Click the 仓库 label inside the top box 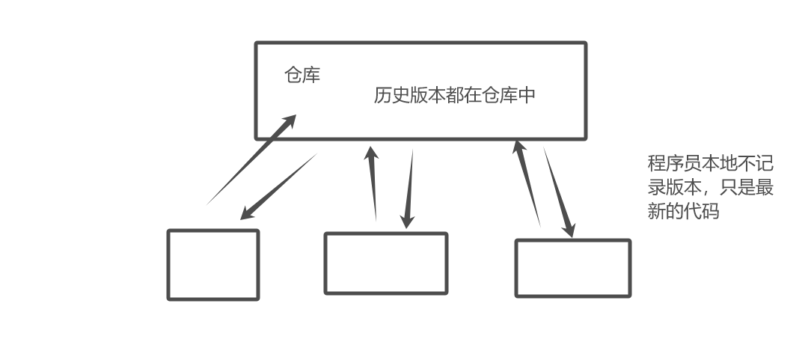click(x=302, y=75)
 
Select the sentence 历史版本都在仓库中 click(x=454, y=96)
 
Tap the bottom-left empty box click(x=213, y=265)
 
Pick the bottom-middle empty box click(x=385, y=263)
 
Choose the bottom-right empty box click(x=573, y=268)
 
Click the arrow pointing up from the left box click(x=251, y=159)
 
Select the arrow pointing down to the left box click(x=278, y=187)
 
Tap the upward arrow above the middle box click(x=373, y=183)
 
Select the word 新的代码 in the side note click(x=683, y=211)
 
